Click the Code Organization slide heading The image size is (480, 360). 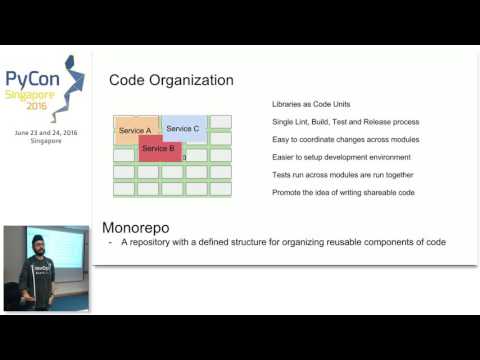171,80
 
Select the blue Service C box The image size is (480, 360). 184,127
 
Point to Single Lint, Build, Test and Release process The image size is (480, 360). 343,122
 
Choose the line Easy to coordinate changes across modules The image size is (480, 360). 345,139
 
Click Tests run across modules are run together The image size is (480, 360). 340,174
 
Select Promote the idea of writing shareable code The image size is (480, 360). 342,192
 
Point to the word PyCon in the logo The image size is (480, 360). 30,81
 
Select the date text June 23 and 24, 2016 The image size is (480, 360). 45,132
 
